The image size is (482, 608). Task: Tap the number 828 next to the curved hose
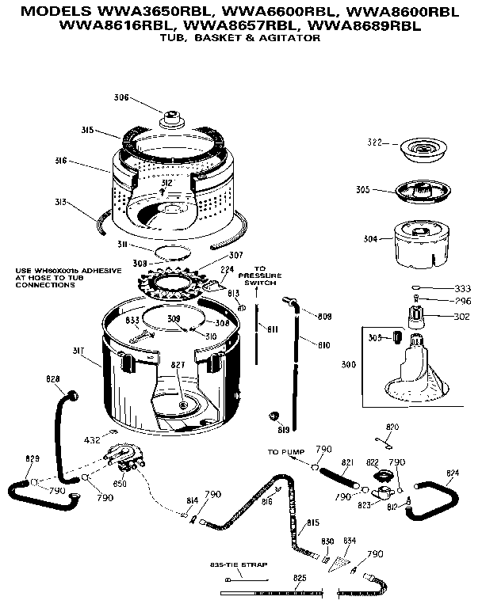(x=54, y=378)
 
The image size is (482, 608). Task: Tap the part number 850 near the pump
(x=121, y=482)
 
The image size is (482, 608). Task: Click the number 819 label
(x=283, y=431)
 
